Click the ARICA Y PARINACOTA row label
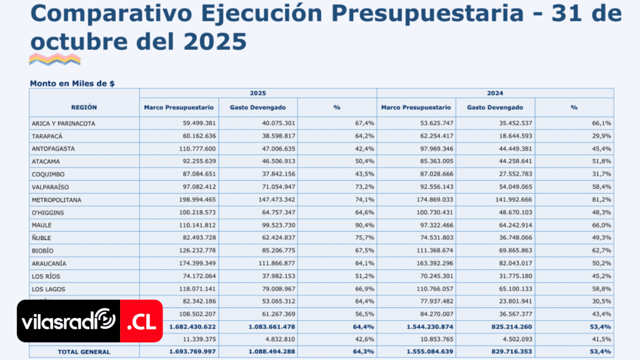click(x=63, y=124)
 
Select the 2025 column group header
click(x=257, y=93)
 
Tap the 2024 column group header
click(x=494, y=93)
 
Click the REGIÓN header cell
click(x=84, y=107)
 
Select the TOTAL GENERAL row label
click(x=84, y=352)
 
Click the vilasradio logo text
click(x=68, y=323)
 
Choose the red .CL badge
click(x=141, y=322)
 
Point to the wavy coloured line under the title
click(x=55, y=60)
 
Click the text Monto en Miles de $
click(x=72, y=82)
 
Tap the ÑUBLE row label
click(x=42, y=237)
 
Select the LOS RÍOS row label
click(x=48, y=276)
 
